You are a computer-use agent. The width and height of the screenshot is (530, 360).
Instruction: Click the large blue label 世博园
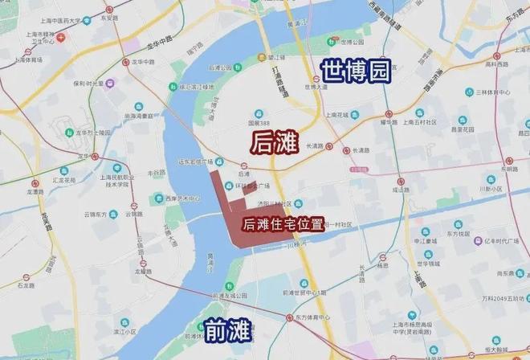[x=354, y=71]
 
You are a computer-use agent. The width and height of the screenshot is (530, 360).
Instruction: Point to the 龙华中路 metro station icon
[x=125, y=61]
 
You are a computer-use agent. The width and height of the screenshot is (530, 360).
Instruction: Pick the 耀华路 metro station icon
[x=389, y=113]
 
